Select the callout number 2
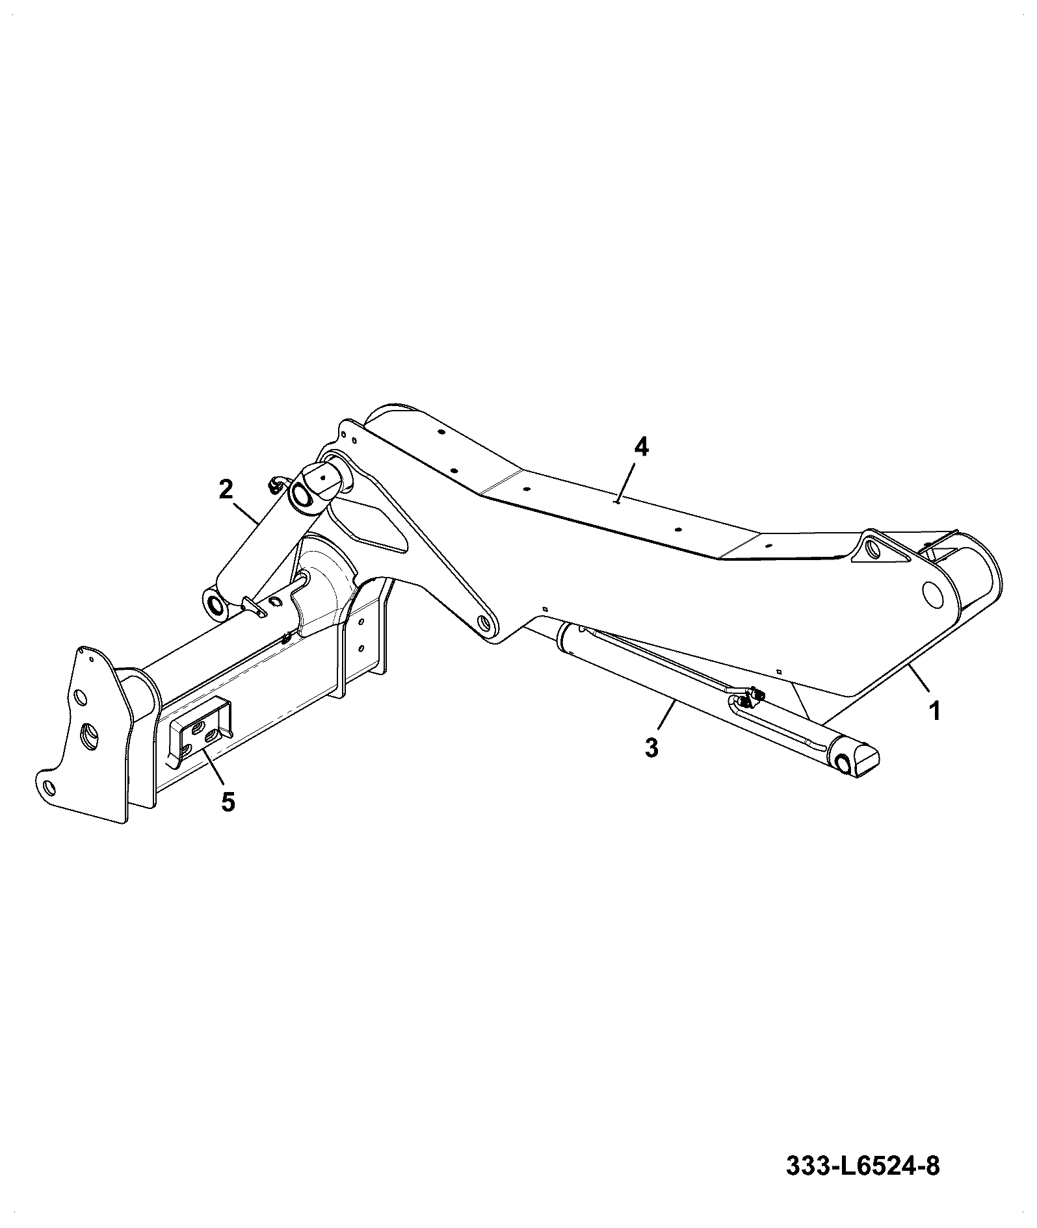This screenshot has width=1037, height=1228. pos(225,489)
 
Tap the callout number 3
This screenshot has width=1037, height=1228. pos(651,747)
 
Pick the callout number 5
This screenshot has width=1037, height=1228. pos(228,802)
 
